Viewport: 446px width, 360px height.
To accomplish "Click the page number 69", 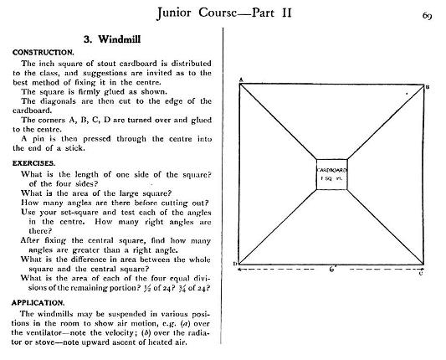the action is pos(428,16).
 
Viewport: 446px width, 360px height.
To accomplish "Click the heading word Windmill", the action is pos(120,39).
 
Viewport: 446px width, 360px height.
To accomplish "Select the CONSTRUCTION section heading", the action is pos(44,53).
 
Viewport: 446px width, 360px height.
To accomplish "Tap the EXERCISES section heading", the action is pos(33,163).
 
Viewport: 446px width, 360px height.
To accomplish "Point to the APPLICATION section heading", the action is pos(38,303).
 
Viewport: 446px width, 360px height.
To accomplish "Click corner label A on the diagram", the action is pos(241,80).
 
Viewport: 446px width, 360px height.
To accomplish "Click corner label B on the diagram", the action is pos(427,87).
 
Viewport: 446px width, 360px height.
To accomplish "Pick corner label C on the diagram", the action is pos(421,273).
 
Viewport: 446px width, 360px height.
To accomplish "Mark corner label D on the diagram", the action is pos(235,264).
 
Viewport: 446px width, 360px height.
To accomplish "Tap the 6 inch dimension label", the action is pos(332,269).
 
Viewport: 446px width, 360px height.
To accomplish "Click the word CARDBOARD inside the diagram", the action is pos(332,170).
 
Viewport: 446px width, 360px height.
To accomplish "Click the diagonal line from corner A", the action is pos(278,121).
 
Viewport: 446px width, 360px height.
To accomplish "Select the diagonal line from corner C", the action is pos(386,227).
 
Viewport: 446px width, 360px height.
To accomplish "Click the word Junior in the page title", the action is pos(174,13).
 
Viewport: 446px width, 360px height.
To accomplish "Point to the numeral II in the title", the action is pos(287,13).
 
